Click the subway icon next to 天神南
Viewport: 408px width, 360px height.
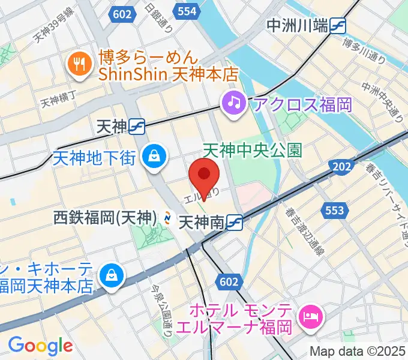(234, 223)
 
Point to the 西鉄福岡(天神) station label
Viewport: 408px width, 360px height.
(104, 217)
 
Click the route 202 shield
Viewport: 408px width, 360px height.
(342, 167)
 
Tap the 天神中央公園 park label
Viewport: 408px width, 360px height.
(252, 150)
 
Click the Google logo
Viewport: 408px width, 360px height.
(40, 346)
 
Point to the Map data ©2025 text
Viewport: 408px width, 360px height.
(358, 352)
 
